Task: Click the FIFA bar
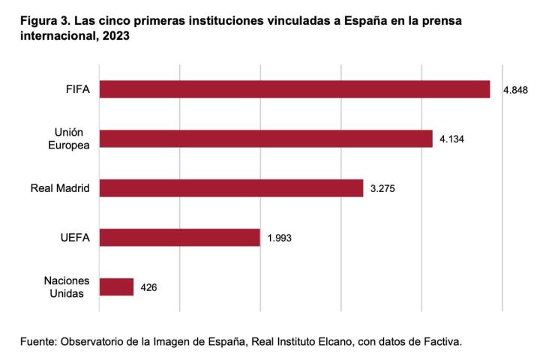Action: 294,89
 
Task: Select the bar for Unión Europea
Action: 265,139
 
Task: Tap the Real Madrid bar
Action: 231,188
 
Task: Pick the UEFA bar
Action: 179,238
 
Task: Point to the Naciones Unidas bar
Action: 116,287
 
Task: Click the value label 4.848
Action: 516,90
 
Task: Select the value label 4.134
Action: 452,139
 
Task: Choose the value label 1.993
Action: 279,238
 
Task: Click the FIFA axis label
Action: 78,89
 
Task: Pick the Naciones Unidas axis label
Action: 67,287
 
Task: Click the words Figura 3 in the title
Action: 43,21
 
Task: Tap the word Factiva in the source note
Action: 440,342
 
